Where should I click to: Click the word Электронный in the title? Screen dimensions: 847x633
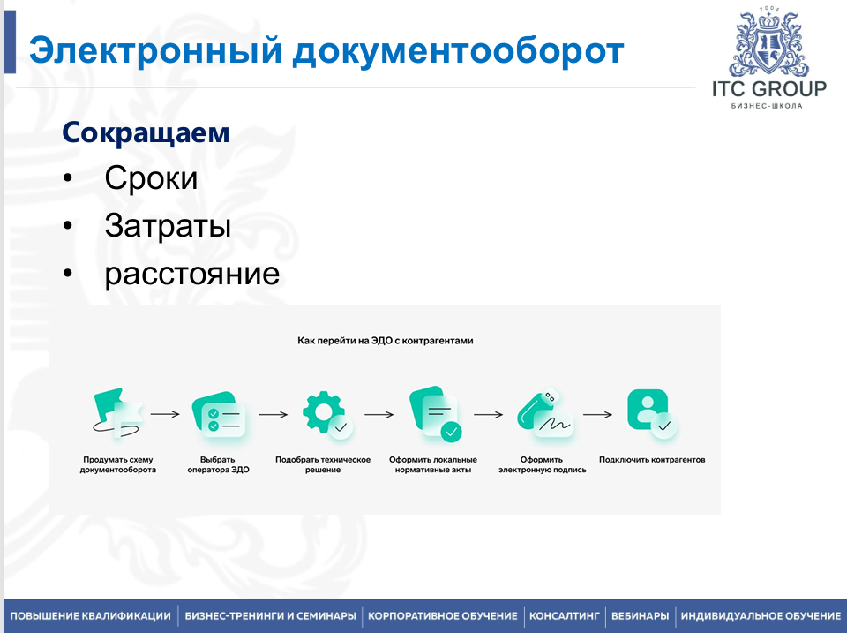[155, 50]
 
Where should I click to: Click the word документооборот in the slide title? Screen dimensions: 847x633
[458, 51]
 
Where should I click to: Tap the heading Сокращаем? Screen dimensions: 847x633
[146, 132]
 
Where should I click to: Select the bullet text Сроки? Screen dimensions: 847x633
[151, 177]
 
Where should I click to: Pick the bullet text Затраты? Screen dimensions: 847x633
[168, 225]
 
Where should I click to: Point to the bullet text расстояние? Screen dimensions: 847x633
[192, 274]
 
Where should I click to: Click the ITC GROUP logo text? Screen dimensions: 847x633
[769, 89]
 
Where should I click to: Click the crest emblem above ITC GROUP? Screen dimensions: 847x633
[768, 42]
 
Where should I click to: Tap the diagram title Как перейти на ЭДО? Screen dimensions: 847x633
[386, 341]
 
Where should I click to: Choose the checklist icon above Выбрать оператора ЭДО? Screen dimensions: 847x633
[219, 414]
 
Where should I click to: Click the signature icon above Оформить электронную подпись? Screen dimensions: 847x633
[545, 414]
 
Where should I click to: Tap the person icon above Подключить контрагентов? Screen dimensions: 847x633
[652, 413]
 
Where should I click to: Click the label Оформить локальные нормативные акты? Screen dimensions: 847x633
[433, 465]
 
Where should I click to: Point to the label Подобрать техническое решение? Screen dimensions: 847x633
[323, 465]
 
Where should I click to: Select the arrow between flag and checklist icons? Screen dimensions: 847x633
[165, 414]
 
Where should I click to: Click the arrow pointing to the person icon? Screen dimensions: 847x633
[598, 415]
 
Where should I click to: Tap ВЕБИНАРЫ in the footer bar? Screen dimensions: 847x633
[641, 615]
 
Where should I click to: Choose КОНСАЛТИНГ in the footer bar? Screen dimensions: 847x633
[565, 615]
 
